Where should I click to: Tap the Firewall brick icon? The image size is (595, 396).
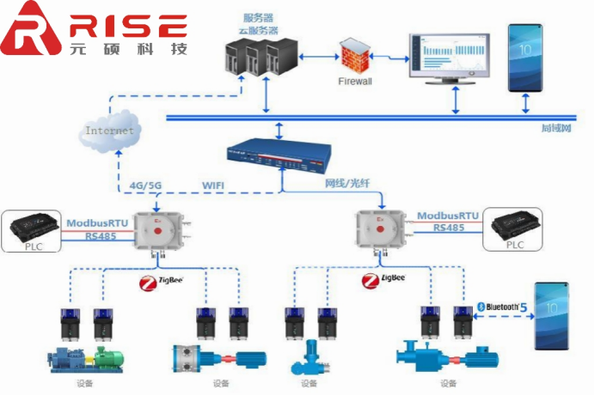(x=353, y=56)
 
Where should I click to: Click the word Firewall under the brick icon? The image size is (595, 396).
(x=353, y=82)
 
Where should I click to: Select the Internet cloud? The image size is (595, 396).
(x=109, y=131)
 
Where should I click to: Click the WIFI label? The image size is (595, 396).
(x=215, y=184)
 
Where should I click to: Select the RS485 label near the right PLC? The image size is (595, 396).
(x=449, y=228)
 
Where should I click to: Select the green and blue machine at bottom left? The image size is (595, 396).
(x=83, y=356)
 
